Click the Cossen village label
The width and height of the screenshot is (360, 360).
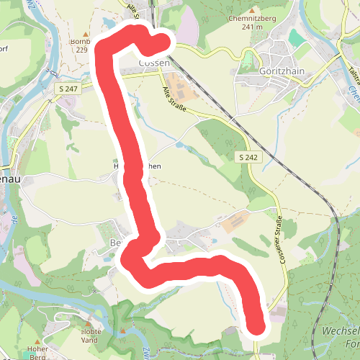click(154, 63)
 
